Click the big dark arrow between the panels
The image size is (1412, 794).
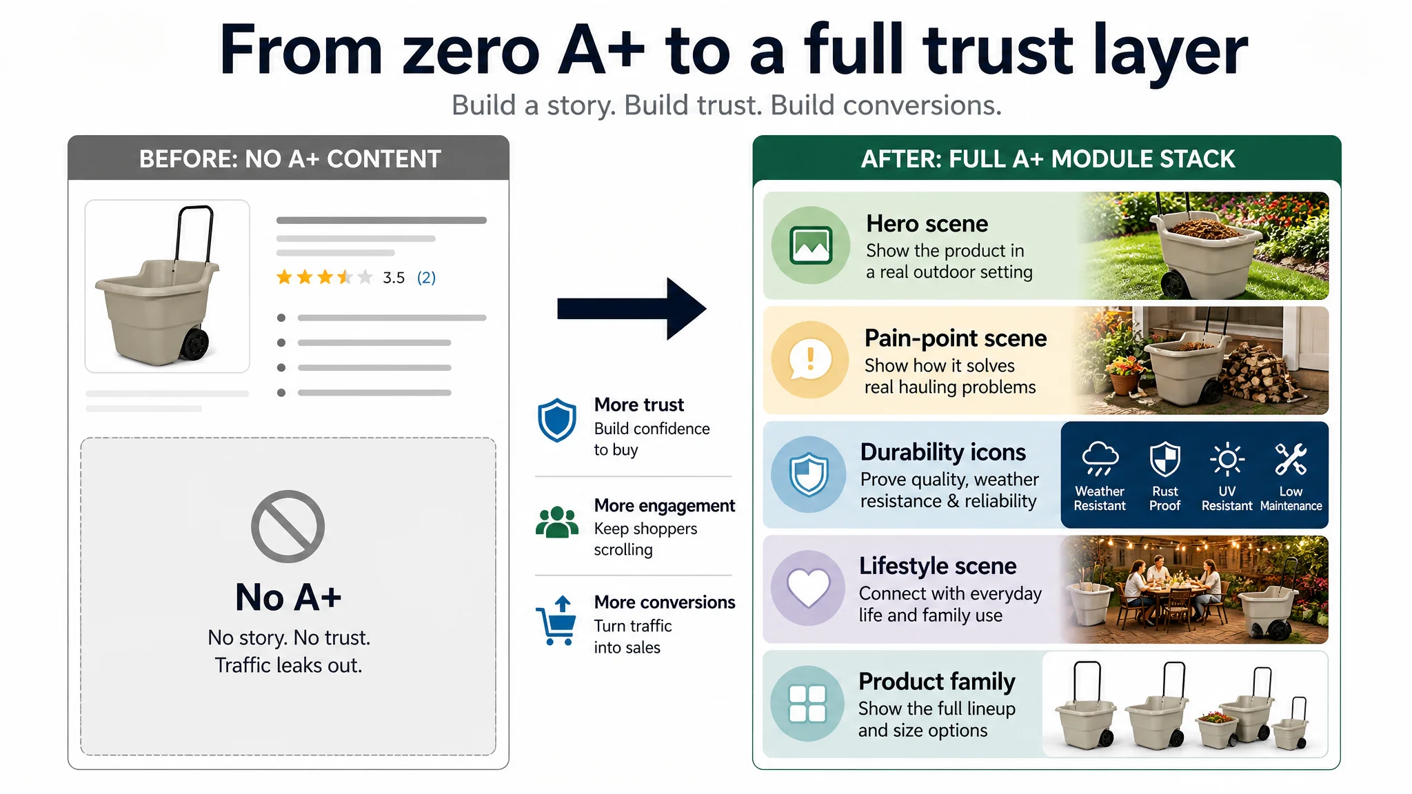(631, 308)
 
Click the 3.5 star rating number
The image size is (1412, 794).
(394, 278)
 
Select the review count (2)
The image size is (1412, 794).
(426, 278)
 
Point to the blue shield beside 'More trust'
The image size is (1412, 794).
(556, 420)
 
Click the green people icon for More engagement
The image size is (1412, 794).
(557, 522)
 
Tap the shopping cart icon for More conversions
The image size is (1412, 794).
(556, 620)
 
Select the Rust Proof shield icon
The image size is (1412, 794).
(1164, 459)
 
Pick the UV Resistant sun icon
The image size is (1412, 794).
(1227, 459)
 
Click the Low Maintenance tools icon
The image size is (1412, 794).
(1291, 459)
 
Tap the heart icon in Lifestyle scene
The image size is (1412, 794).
(809, 588)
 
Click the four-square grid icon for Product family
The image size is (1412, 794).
(807, 703)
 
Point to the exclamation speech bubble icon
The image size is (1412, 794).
(809, 359)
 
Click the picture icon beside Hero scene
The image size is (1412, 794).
(811, 245)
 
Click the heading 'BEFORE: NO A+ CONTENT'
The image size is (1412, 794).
(290, 159)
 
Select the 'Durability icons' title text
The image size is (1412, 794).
(943, 452)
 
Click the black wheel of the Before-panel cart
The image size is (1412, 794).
(194, 343)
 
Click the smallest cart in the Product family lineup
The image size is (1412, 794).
(1291, 727)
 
